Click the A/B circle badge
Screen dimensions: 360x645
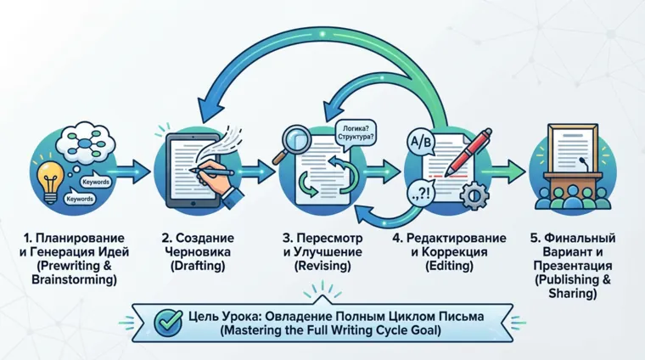419,139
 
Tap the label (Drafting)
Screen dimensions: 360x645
200,267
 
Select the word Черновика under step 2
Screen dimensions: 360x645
200,252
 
